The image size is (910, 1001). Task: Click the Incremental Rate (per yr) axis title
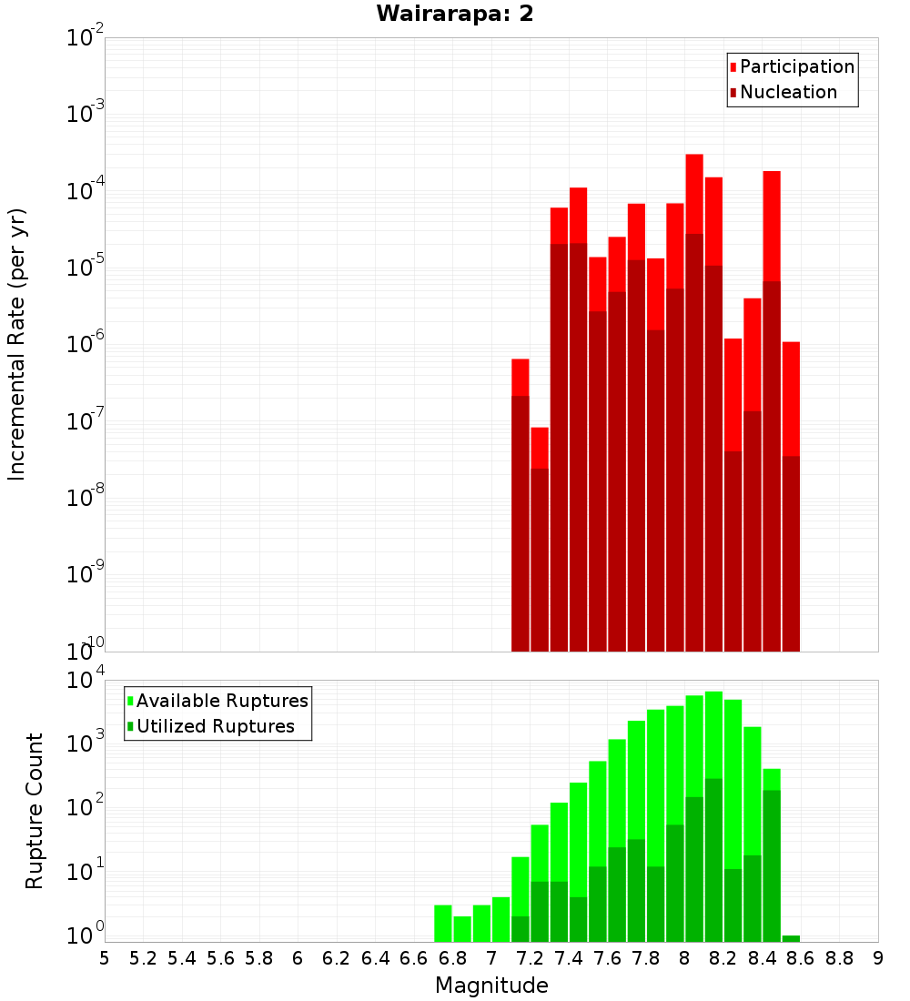click(17, 344)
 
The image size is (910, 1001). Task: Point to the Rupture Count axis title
click(35, 811)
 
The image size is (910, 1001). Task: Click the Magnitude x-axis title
click(491, 986)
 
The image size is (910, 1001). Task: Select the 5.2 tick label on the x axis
click(144, 958)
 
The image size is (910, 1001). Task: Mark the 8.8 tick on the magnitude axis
click(839, 958)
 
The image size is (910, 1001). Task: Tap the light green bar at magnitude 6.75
click(443, 923)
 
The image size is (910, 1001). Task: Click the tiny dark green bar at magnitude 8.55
click(791, 938)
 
